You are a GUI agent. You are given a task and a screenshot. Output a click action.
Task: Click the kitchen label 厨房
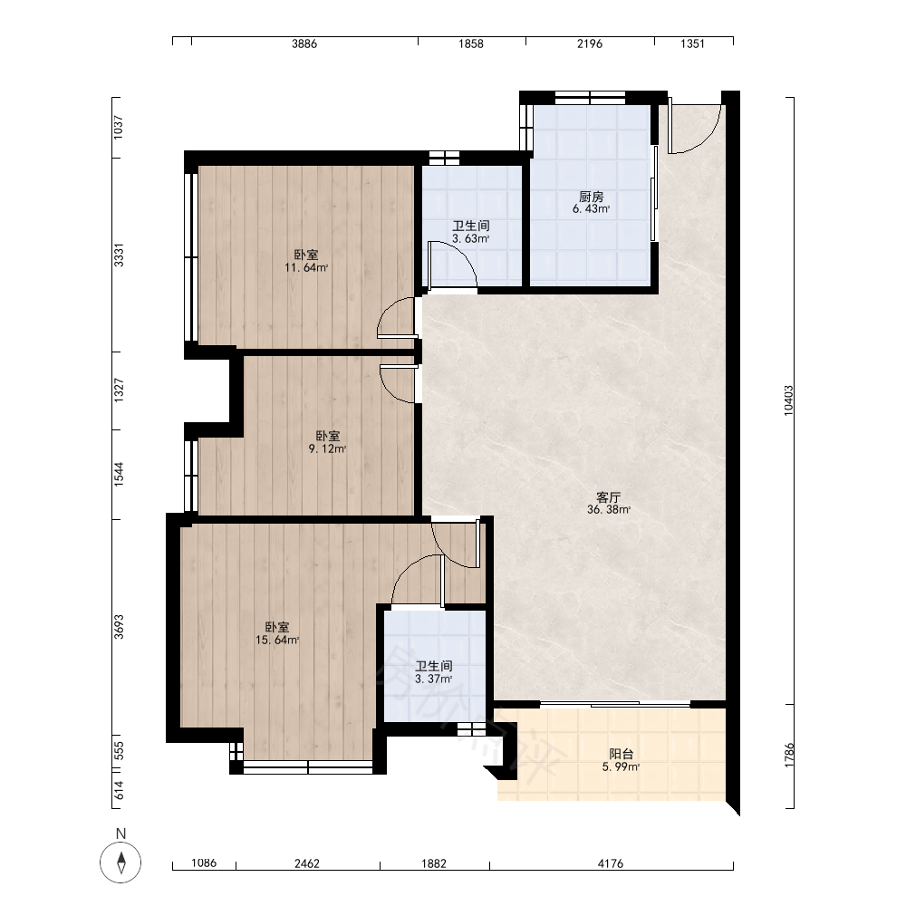coord(591,197)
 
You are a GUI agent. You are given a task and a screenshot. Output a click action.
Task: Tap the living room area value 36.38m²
coord(609,509)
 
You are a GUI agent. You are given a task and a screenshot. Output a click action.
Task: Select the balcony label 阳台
coord(622,754)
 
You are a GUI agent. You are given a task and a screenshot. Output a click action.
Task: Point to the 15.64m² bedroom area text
coord(276,641)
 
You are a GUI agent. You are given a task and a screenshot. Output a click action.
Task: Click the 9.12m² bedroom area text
coord(328,449)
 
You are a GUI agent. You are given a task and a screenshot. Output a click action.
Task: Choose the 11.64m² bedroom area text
coord(306,267)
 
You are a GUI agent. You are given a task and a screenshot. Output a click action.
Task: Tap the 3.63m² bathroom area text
coord(471,238)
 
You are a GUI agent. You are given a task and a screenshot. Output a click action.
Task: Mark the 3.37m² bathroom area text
coord(433,679)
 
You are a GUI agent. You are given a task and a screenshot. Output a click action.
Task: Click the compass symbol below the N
coord(120,863)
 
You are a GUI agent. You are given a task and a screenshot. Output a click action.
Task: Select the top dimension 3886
coord(304,43)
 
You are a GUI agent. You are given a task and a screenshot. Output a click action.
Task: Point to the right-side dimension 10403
coord(789,400)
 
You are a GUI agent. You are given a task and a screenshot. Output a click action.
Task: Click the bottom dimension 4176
coord(611,863)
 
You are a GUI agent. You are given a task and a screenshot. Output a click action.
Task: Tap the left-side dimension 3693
coord(119,626)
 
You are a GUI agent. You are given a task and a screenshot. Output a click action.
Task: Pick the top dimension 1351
coord(692,43)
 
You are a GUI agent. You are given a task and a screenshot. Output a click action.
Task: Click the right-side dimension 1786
coord(789,756)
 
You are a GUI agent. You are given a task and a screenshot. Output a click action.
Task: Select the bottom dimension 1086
coord(203,863)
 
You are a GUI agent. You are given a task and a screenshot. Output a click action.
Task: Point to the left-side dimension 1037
coord(119,127)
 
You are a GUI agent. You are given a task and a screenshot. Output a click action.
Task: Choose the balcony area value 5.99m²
coord(622,767)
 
